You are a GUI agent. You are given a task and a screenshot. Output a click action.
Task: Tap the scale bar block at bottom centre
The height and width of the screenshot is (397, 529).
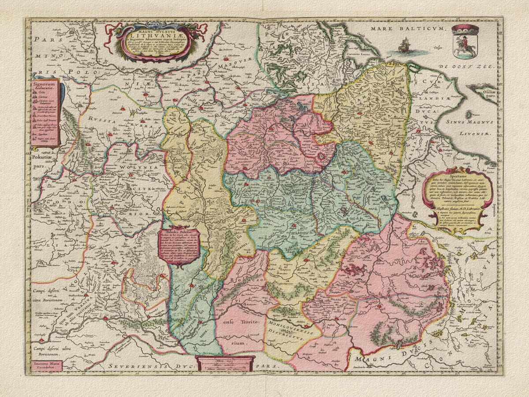pos(224,363)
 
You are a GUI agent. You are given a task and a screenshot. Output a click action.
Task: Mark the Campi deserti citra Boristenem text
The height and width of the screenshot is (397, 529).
pos(45,295)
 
